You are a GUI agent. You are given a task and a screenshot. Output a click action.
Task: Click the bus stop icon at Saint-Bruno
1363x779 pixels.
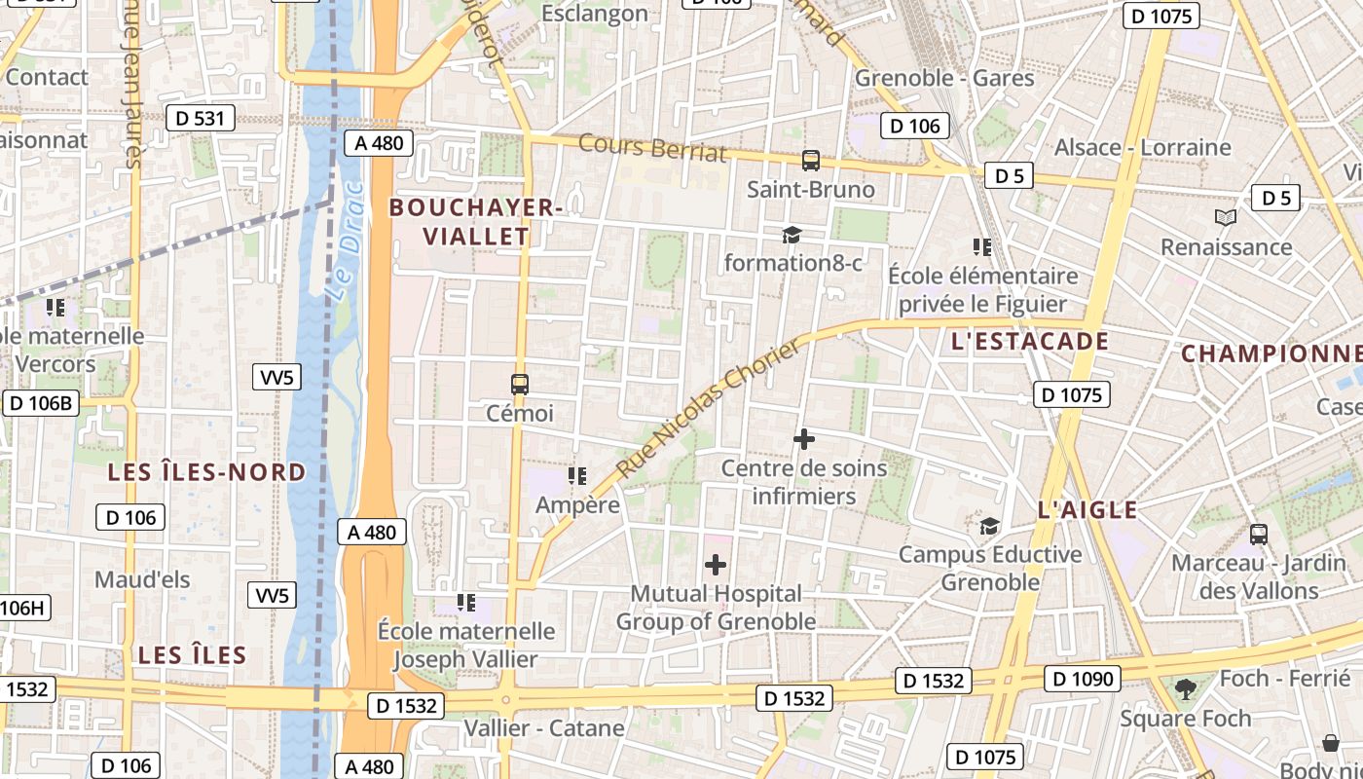[x=810, y=161]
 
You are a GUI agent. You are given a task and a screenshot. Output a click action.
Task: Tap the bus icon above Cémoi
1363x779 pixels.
[x=520, y=385]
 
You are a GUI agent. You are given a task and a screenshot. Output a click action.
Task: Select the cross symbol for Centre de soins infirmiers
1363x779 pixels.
[x=804, y=440]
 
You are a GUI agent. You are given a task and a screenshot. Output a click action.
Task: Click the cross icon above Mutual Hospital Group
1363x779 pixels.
[x=716, y=565]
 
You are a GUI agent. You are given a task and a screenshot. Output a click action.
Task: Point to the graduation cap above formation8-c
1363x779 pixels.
[x=792, y=235]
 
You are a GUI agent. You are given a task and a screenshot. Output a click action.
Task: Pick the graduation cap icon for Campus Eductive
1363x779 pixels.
[x=989, y=526]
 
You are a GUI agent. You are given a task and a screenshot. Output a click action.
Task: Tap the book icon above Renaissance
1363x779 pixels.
[x=1226, y=218]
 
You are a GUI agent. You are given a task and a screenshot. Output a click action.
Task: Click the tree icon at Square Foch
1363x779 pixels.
[x=1185, y=689]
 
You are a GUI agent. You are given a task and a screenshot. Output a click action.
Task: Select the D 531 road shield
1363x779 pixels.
[x=201, y=119]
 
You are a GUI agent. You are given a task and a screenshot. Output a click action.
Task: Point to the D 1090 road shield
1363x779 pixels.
[x=1083, y=678]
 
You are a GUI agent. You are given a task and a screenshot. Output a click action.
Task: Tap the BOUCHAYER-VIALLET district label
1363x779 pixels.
[x=476, y=221]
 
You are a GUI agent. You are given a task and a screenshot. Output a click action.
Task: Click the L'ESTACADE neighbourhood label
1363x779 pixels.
[x=1030, y=342]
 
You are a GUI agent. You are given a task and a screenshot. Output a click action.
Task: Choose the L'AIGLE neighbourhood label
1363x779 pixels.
[x=1087, y=509]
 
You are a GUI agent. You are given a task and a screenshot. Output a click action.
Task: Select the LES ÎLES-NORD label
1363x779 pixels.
[x=206, y=473]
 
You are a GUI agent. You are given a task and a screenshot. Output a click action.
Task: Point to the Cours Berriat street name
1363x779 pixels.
[x=652, y=147]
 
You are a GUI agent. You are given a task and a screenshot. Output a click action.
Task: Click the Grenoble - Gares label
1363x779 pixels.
[x=944, y=78]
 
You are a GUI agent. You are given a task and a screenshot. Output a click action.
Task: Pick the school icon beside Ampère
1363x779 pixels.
[x=577, y=476]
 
